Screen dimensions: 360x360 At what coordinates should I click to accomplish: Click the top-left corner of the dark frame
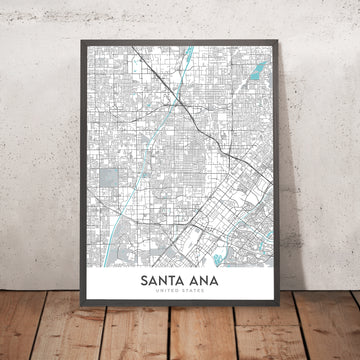[74, 41]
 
